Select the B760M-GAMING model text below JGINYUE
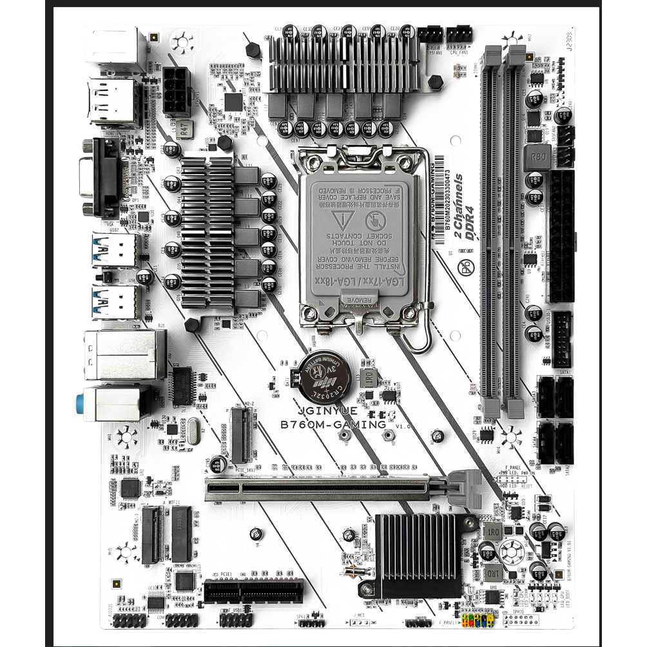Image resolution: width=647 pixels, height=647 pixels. (x=333, y=425)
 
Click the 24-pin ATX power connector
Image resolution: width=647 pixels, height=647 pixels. (x=560, y=236)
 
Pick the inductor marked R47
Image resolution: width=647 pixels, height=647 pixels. (x=186, y=130)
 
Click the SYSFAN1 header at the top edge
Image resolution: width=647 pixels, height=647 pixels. (x=430, y=34)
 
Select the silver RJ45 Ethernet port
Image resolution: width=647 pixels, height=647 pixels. (x=125, y=354)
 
